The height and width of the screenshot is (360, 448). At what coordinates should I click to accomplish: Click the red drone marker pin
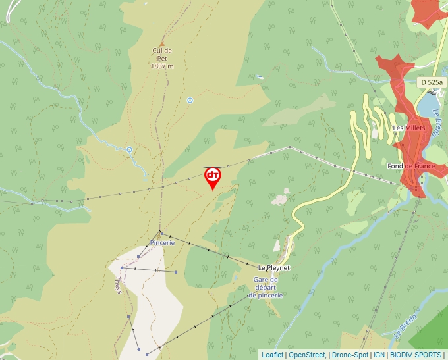coord(213,177)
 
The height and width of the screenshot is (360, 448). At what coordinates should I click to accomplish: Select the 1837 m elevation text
coord(161,66)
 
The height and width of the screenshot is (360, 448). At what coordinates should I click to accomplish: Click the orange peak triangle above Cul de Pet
coord(162,43)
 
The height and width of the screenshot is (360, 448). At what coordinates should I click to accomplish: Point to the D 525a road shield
coord(432,82)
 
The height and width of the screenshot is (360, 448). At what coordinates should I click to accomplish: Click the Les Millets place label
coord(408,128)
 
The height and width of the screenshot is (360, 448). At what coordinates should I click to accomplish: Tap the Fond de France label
coord(410,167)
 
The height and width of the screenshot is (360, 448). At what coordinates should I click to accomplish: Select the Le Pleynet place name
coord(273,268)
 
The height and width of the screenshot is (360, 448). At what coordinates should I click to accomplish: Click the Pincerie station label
coord(162,242)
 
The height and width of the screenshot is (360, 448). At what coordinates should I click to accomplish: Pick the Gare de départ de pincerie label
coord(266,288)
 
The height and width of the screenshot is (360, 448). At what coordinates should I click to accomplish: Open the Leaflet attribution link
coord(272,355)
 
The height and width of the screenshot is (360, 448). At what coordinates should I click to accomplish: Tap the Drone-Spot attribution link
coord(350,355)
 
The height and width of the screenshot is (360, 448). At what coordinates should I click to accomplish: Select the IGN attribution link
coord(379,355)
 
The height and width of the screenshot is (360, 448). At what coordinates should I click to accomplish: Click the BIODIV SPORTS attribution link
coord(415,355)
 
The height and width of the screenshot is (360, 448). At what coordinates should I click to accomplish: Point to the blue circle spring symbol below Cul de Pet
coord(190,100)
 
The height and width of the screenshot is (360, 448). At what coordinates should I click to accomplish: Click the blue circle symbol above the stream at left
coord(129,149)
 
